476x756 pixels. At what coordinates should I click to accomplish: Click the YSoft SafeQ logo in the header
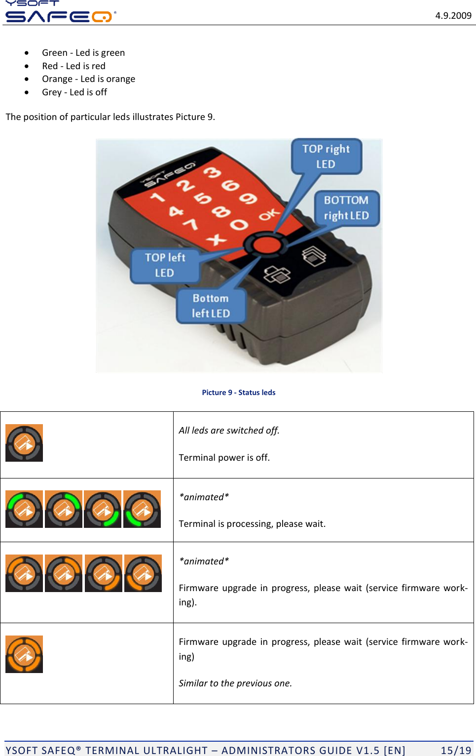pos(59,12)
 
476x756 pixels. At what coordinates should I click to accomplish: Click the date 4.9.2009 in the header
pos(453,16)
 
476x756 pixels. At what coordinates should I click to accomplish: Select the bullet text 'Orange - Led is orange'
pos(88,79)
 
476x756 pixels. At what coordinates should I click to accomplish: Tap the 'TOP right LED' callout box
pos(326,157)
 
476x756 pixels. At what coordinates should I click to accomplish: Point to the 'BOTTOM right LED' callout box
pos(346,208)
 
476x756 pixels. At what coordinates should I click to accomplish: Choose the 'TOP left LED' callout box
pos(165,265)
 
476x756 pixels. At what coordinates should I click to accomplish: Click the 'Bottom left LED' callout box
pos(211,306)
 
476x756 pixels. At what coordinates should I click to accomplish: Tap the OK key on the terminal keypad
pos(269,215)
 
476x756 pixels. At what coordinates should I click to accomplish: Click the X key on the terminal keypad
pos(216,240)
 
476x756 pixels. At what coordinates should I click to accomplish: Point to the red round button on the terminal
pos(266,244)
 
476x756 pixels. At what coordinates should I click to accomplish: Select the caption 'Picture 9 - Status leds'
pos(239,393)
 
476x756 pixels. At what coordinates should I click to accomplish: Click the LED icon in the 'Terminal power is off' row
pos(24,443)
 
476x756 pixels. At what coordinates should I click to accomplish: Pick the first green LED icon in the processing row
pos(24,509)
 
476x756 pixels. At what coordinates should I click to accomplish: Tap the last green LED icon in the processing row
pos(142,509)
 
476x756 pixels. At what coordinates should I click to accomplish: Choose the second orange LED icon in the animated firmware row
pos(64,573)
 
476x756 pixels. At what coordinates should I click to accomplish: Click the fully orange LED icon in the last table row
pos(24,654)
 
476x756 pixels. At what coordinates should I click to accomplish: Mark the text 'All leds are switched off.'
pos(229,431)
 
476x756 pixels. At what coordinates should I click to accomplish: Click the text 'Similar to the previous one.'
pos(235,683)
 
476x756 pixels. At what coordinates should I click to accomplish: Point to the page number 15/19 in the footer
pos(456,751)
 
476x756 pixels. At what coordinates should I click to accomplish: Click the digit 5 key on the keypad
pos(203,199)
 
